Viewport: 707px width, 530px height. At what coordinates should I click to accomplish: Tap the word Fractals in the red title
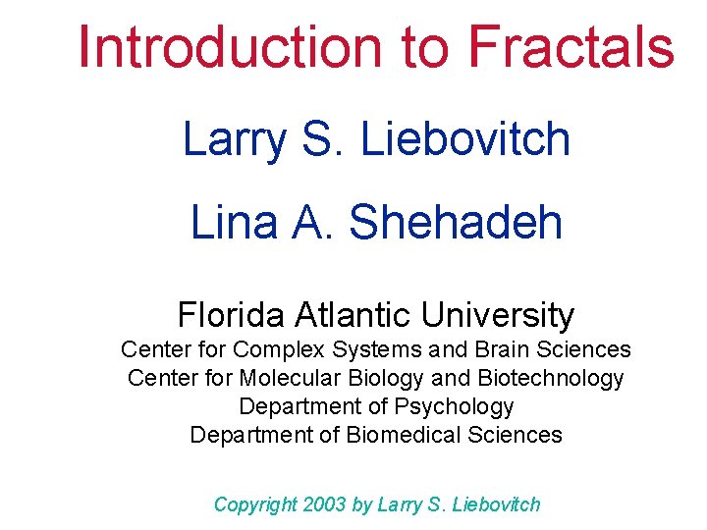click(571, 46)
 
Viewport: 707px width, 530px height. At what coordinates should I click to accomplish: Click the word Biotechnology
click(550, 378)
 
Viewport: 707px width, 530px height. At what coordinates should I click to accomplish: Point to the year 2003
click(324, 504)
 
